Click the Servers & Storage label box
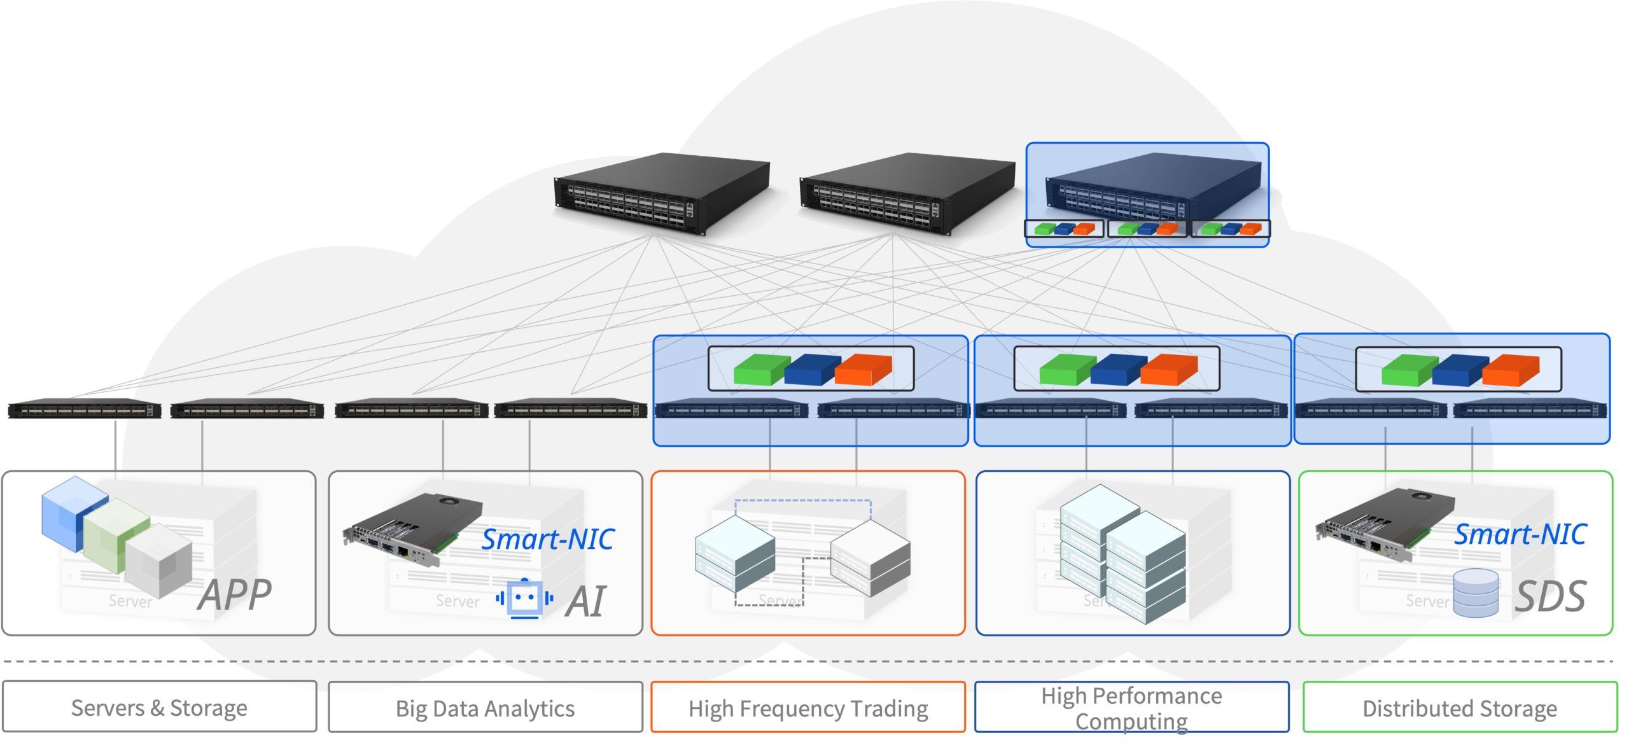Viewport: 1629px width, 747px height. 159,707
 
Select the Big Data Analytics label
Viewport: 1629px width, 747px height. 485,708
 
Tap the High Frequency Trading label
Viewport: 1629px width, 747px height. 808,708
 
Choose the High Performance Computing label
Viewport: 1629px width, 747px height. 1131,708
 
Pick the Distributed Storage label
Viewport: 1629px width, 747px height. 1460,708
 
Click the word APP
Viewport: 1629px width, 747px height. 235,594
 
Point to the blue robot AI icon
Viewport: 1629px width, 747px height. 524,598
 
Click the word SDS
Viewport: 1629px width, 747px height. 1550,596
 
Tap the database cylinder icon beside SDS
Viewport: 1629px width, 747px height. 1476,593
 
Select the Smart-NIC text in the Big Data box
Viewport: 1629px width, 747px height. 548,540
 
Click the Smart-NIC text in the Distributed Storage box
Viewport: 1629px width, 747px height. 1520,534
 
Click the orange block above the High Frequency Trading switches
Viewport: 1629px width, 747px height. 863,369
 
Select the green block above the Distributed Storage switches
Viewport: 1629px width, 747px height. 1409,370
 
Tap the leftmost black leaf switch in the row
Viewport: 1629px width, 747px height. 84,409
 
